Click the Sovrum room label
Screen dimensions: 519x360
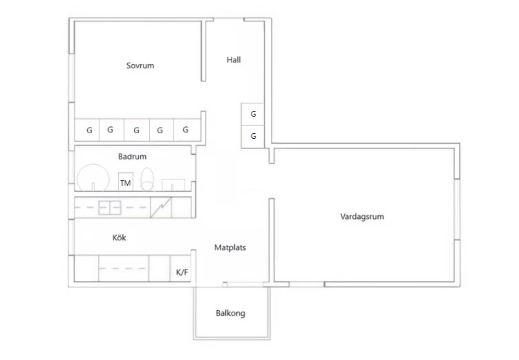pyautogui.click(x=140, y=66)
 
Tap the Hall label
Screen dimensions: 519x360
pyautogui.click(x=234, y=60)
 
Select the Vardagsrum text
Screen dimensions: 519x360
pyautogui.click(x=362, y=217)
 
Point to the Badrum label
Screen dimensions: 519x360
pyautogui.click(x=133, y=157)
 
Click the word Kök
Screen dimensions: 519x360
pyautogui.click(x=119, y=238)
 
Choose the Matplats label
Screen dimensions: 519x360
pyautogui.click(x=230, y=247)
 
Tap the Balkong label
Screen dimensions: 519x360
pyautogui.click(x=230, y=313)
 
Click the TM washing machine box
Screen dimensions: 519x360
pyautogui.click(x=126, y=181)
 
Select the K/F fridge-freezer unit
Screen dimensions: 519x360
pyautogui.click(x=181, y=268)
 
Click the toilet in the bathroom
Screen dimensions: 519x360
pyautogui.click(x=147, y=179)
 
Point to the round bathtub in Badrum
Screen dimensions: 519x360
pyautogui.click(x=93, y=178)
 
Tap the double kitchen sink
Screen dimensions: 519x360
pyautogui.click(x=110, y=208)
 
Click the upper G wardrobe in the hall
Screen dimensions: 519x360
pyautogui.click(x=253, y=114)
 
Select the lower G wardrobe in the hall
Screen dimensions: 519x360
pyautogui.click(x=253, y=136)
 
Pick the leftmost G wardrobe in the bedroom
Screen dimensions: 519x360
pyautogui.click(x=87, y=130)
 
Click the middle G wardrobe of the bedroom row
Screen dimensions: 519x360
pyautogui.click(x=137, y=130)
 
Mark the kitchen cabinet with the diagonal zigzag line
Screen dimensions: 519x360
pyautogui.click(x=161, y=207)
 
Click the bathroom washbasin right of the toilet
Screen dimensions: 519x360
pyautogui.click(x=173, y=185)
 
